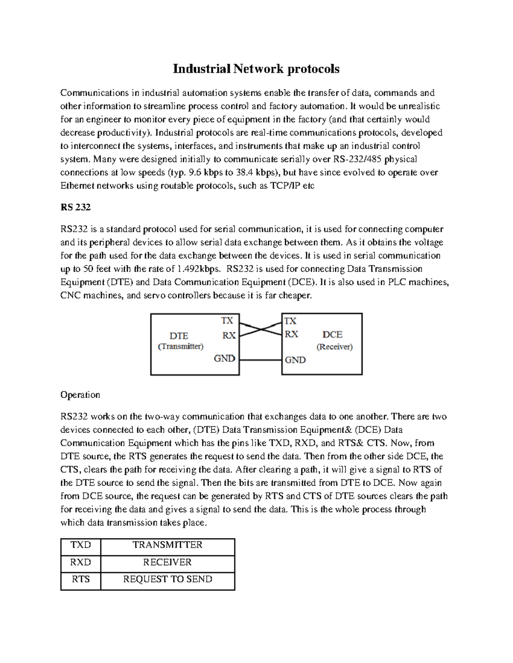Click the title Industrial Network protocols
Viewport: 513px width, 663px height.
(x=256, y=69)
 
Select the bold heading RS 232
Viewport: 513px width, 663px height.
(x=75, y=207)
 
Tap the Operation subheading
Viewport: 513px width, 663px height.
(x=80, y=394)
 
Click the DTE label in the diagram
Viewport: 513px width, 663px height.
(x=179, y=336)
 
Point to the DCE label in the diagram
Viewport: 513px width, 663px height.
(x=332, y=335)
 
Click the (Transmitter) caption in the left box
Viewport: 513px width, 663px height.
(x=180, y=346)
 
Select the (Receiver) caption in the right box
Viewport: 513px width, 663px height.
(x=334, y=347)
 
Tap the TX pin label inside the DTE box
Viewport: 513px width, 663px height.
(x=227, y=320)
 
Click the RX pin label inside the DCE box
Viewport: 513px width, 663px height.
(x=291, y=334)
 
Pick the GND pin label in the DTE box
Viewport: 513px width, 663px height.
(x=224, y=359)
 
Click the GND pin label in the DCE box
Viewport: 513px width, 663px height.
(x=295, y=360)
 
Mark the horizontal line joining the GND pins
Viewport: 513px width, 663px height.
(x=260, y=360)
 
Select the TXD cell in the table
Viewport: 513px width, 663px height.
(x=81, y=545)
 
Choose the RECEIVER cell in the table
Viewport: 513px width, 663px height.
(x=167, y=562)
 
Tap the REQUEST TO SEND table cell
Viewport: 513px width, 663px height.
(x=168, y=579)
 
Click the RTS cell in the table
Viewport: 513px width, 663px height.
(x=81, y=579)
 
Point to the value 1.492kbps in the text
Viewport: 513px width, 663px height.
(x=199, y=269)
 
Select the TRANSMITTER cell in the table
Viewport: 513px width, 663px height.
(x=167, y=545)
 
